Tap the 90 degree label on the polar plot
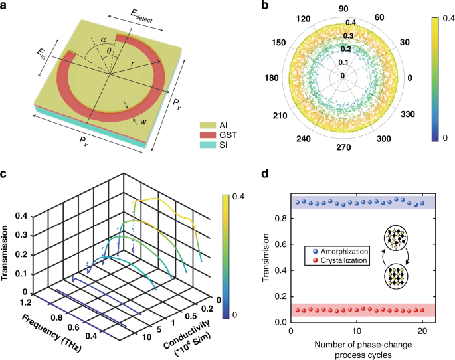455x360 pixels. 343,8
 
